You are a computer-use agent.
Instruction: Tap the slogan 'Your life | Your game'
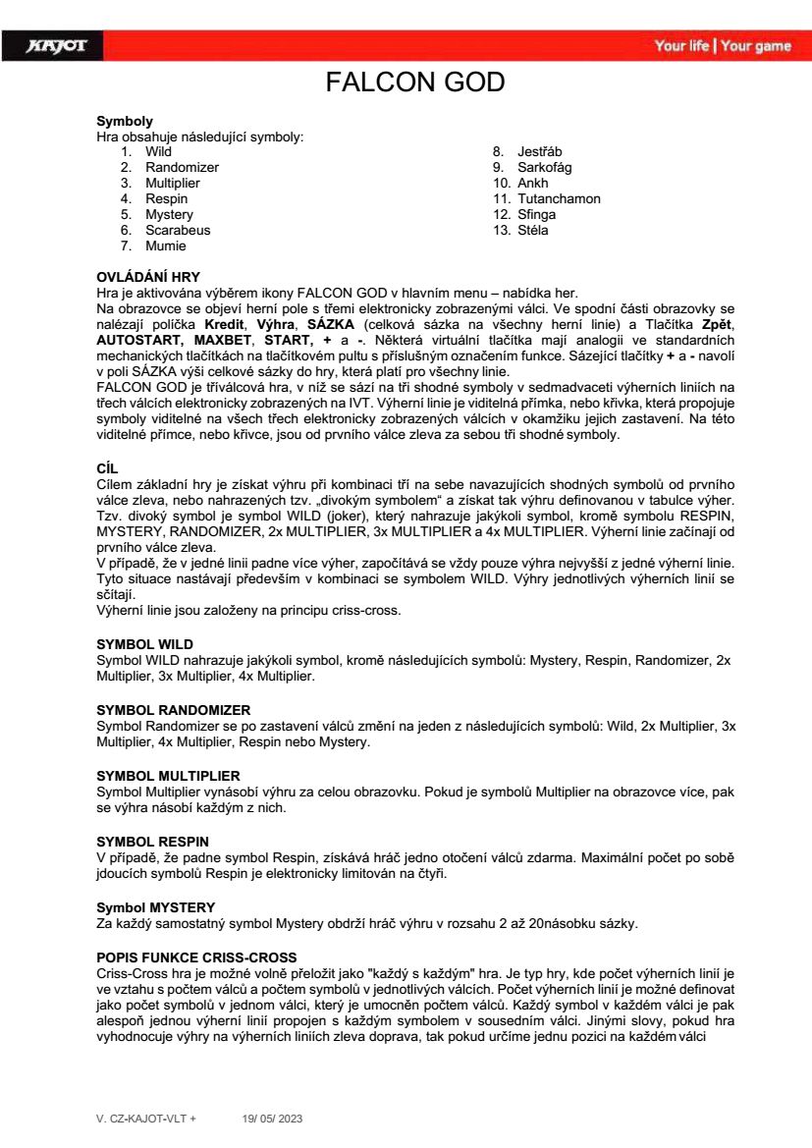(x=722, y=46)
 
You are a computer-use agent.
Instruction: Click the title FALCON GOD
(x=414, y=82)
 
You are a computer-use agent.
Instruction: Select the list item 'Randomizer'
(x=182, y=167)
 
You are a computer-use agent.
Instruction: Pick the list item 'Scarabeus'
(x=178, y=230)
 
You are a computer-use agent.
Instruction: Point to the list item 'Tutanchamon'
(x=559, y=198)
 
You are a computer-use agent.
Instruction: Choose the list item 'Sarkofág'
(x=544, y=167)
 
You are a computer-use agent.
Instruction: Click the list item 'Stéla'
(x=533, y=230)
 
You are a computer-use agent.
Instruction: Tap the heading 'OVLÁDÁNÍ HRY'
(x=147, y=277)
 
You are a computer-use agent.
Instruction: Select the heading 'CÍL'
(x=106, y=469)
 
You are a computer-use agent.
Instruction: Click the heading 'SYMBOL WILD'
(x=144, y=645)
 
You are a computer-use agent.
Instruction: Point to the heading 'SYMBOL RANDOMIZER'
(x=173, y=709)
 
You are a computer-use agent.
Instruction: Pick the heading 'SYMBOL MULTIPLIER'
(x=168, y=776)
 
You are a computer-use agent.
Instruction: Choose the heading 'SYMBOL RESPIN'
(x=152, y=842)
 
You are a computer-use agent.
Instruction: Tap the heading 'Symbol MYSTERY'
(x=155, y=905)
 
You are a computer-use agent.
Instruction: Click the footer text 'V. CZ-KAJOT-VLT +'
(x=145, y=1119)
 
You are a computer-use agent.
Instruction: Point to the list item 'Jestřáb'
(x=540, y=151)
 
